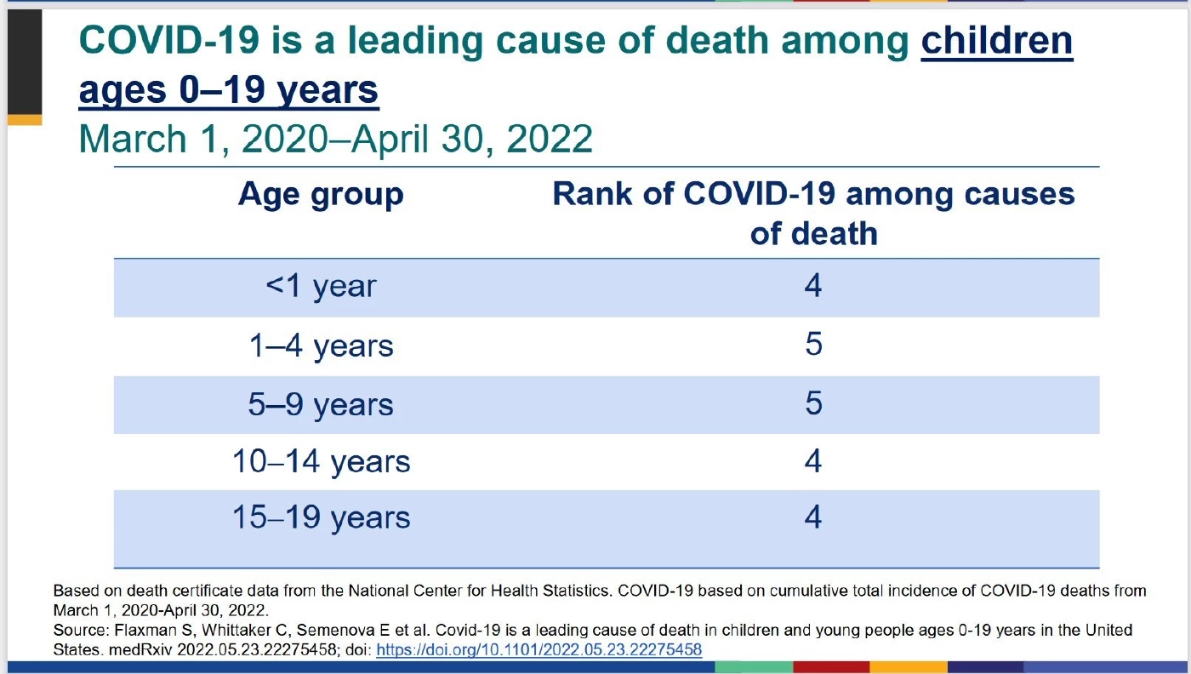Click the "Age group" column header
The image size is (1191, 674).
321,195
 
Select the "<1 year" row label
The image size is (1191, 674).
321,287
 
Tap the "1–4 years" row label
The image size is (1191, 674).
321,346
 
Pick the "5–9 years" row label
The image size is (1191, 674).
321,403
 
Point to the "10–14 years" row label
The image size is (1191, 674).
321,461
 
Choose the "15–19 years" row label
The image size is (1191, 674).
321,517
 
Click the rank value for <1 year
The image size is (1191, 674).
812,285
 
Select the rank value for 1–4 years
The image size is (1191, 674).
812,344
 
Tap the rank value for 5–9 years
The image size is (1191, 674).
812,402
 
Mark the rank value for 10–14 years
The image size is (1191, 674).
812,460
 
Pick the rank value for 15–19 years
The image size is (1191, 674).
812,517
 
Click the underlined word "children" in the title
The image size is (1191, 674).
997,42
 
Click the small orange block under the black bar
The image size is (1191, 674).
25,120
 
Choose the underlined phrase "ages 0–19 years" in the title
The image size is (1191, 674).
228,89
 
